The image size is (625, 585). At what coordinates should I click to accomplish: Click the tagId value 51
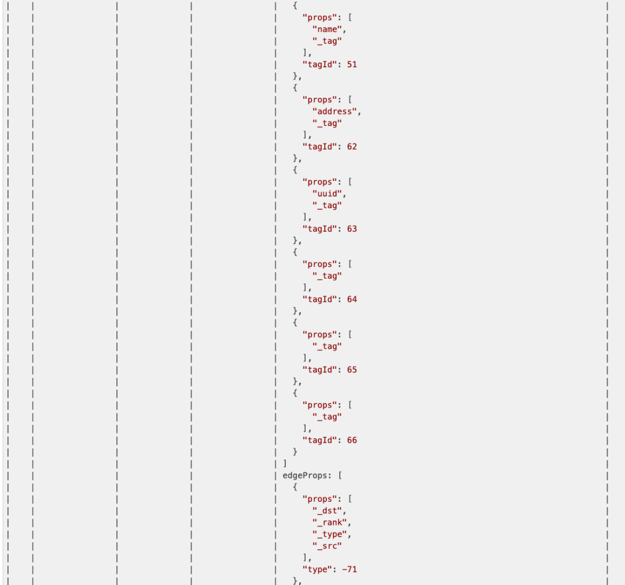pos(352,65)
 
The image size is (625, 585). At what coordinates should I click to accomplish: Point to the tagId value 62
pos(352,147)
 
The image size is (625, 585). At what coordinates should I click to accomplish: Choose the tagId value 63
pos(352,229)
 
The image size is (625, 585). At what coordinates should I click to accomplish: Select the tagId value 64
pos(352,299)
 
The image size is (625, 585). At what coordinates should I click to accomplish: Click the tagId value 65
pos(352,370)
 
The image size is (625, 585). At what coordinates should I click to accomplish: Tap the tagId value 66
pos(352,440)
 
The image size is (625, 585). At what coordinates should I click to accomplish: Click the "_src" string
pos(327,546)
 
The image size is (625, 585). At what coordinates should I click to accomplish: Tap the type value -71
pos(350,569)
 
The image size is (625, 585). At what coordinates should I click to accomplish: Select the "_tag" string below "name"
pos(327,41)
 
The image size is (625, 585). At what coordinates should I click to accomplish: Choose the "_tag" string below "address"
pos(327,123)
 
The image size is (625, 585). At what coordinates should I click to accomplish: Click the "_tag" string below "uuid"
pos(327,205)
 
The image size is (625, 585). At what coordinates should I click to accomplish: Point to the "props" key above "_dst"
pos(319,499)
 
